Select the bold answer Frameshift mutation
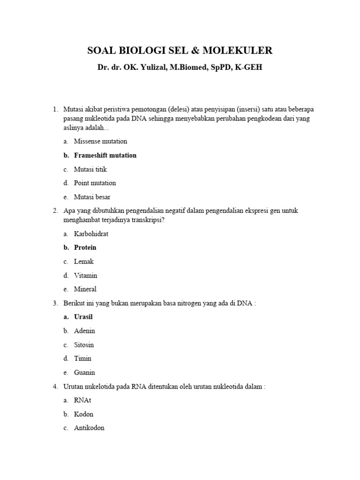105,155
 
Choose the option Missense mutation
100,141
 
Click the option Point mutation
95,183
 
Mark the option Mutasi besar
92,197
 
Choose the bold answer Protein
85,247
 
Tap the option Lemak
84,262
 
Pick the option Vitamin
85,276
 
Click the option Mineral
85,289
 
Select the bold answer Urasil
83,317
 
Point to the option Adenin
84,330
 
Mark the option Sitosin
84,345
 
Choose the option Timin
82,359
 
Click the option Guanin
84,373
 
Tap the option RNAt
82,400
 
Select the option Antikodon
89,428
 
